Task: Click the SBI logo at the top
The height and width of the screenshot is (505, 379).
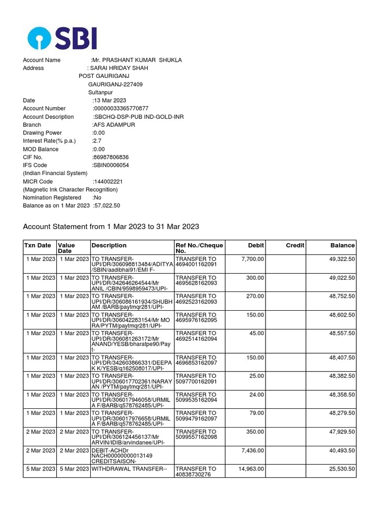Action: click(x=62, y=37)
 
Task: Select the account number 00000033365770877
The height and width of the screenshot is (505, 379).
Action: click(x=121, y=108)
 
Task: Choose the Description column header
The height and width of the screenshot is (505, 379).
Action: click(x=109, y=245)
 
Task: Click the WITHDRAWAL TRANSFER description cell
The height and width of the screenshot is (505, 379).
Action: click(x=125, y=469)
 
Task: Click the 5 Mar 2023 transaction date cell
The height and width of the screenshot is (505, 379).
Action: click(x=41, y=469)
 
